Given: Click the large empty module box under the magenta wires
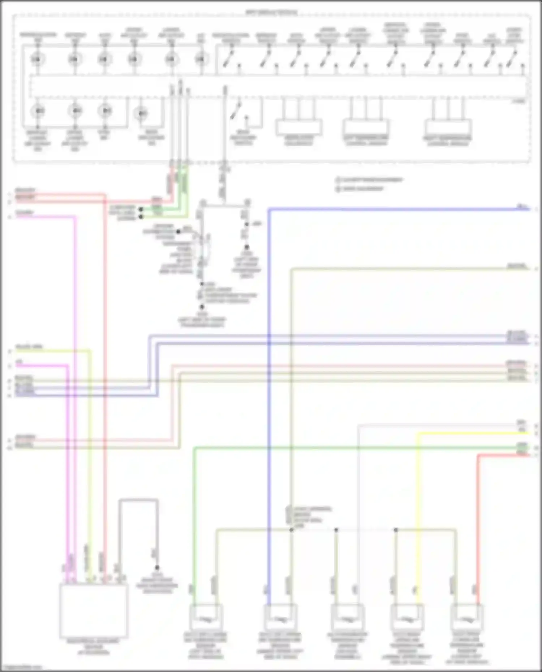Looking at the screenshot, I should click(94, 610).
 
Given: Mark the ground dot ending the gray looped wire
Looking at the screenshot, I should click(157, 568).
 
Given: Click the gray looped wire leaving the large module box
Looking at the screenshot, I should click(138, 500).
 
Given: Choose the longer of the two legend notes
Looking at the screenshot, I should click(369, 179).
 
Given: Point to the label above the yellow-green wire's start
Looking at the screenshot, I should click(29, 347).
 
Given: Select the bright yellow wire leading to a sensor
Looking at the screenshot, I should click(418, 506).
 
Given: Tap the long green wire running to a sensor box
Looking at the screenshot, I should click(194, 506).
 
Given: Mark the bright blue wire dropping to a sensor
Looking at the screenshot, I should click(269, 433).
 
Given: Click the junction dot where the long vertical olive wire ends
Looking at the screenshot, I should click(291, 530).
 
